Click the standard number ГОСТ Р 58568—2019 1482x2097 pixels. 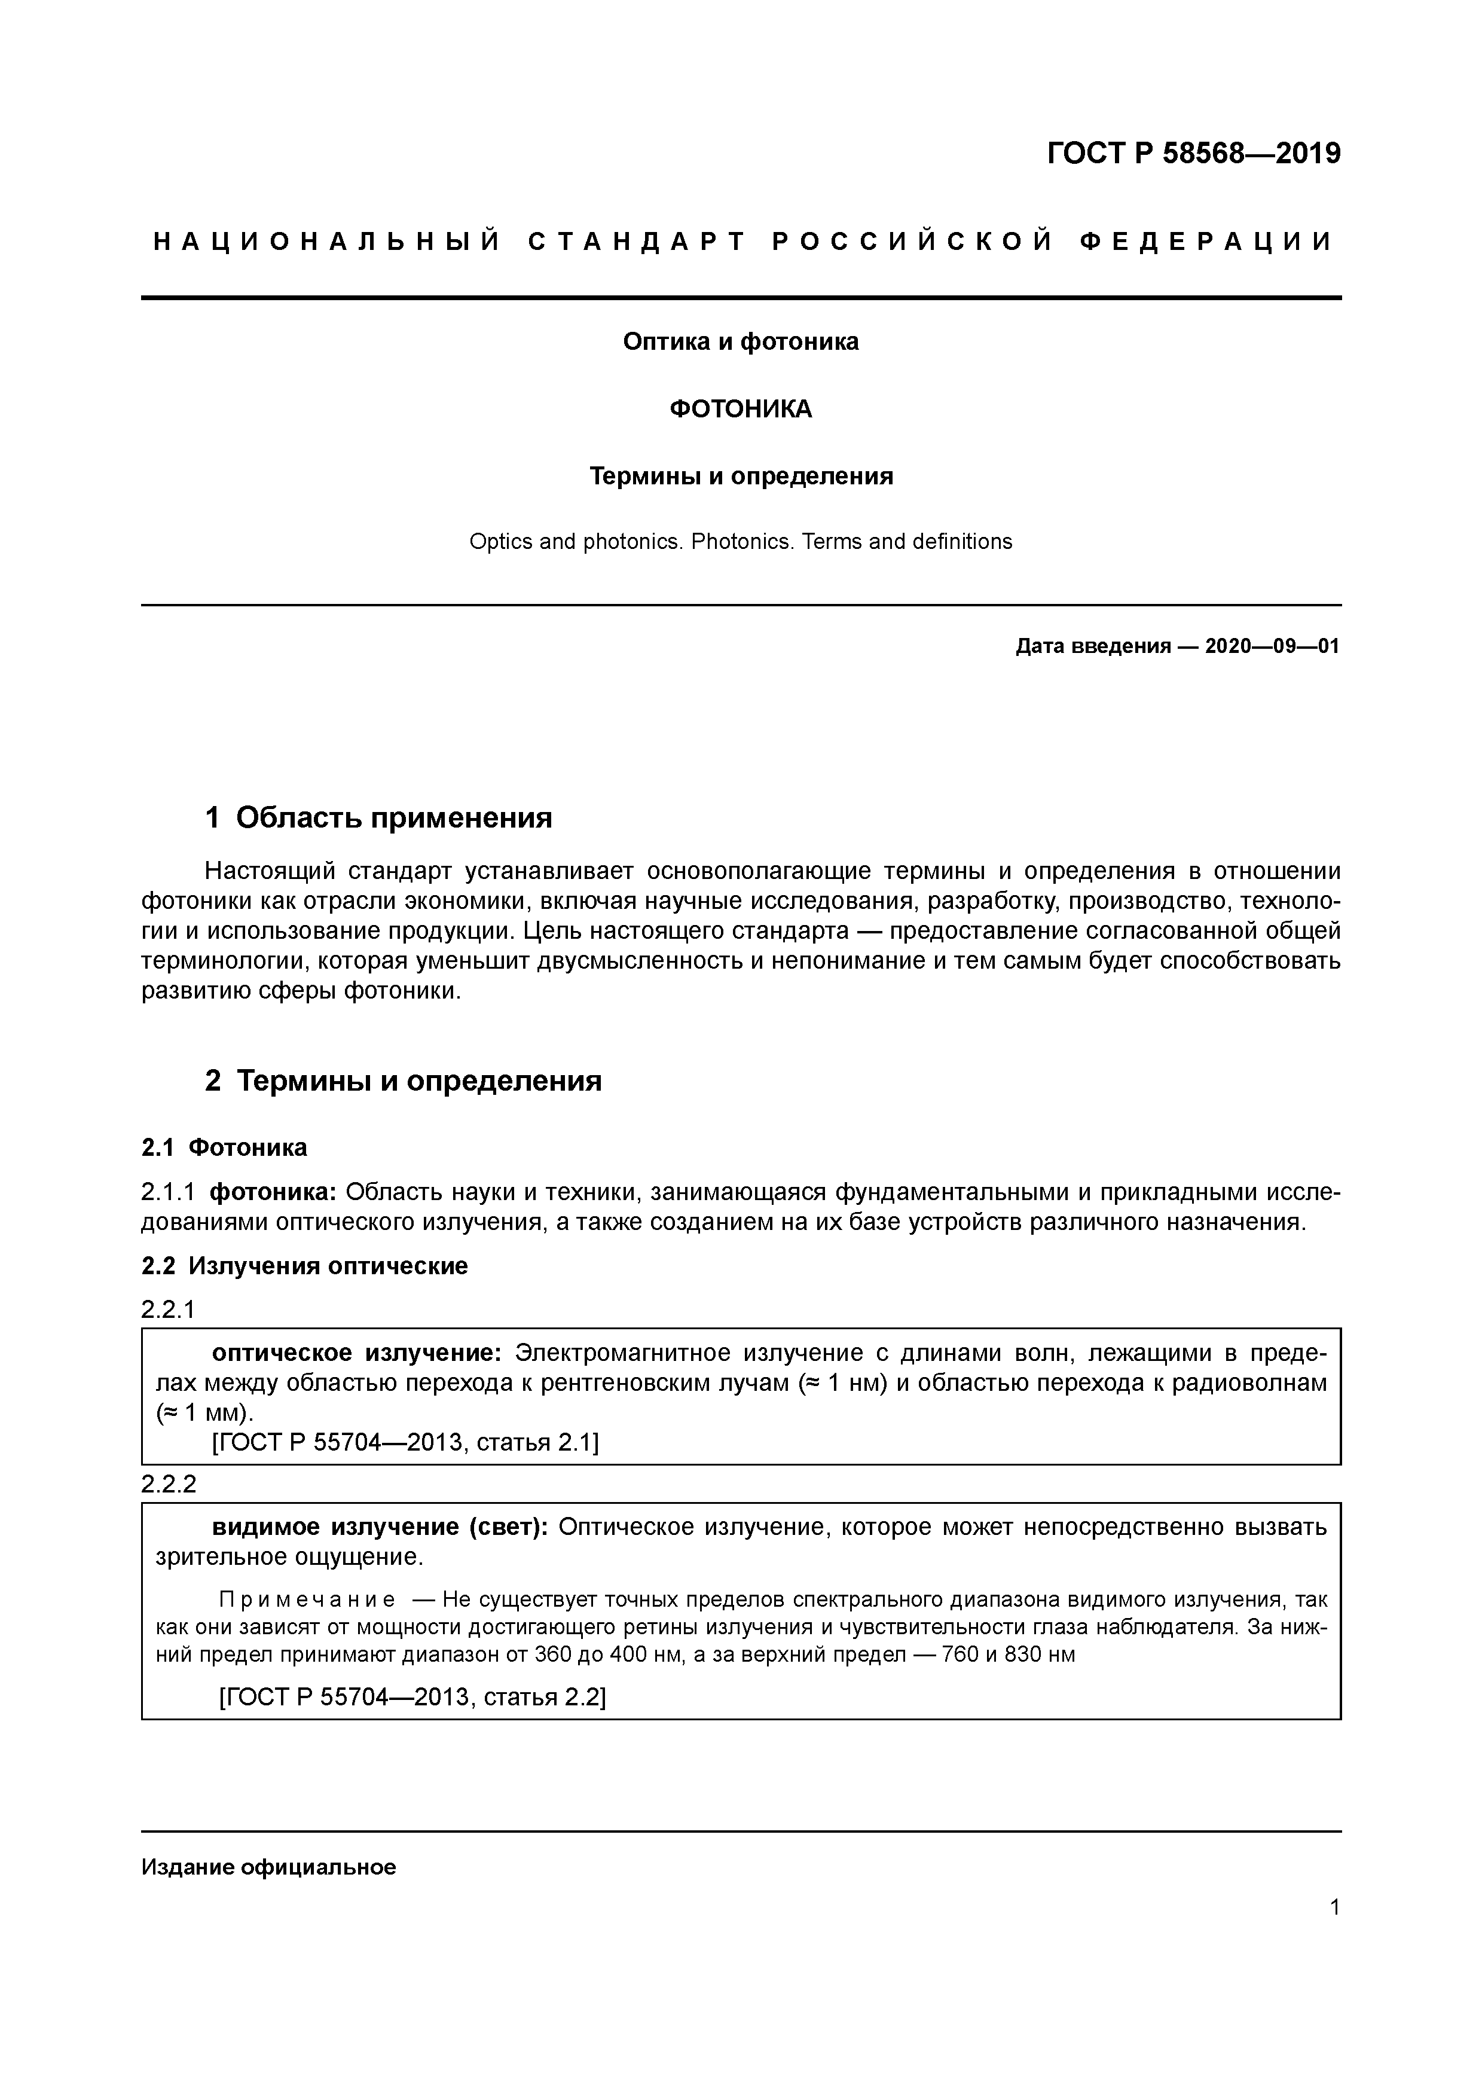coord(1193,154)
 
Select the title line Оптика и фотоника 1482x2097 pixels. coord(741,341)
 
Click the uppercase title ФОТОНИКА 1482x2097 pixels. coord(741,409)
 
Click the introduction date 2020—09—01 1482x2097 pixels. coord(1271,646)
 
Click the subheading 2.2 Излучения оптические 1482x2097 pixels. coord(304,1266)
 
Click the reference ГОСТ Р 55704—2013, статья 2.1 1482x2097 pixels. coord(405,1442)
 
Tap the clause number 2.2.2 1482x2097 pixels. coord(168,1484)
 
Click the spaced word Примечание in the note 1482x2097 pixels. coord(307,1600)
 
